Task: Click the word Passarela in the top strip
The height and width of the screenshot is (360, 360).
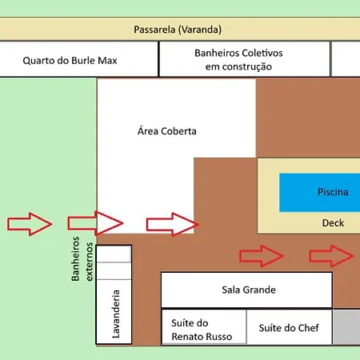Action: [x=154, y=30]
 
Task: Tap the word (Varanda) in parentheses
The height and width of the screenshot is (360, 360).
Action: [x=200, y=30]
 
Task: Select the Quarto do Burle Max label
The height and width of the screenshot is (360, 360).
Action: [x=70, y=61]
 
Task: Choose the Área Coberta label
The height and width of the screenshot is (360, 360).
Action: [x=167, y=131]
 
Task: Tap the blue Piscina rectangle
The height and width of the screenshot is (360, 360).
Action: [x=319, y=193]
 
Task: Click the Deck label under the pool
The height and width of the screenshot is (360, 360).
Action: [x=333, y=222]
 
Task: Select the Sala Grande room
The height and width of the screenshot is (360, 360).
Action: [x=246, y=290]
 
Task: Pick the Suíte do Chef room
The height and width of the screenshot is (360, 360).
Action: [x=290, y=327]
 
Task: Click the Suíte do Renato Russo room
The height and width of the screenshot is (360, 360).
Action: [x=204, y=327]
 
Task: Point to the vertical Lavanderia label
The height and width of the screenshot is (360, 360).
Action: [x=116, y=314]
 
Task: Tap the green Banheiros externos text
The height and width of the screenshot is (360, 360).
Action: [x=82, y=259]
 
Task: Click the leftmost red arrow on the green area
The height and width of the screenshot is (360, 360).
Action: [x=30, y=224]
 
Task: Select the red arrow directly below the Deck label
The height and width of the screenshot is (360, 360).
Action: [x=331, y=256]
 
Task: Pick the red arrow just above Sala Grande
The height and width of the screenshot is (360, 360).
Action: [x=262, y=256]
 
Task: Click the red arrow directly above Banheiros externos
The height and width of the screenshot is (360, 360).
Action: [x=95, y=223]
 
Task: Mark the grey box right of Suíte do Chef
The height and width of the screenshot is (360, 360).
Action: [x=346, y=327]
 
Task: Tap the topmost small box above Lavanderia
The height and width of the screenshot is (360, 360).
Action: [x=114, y=254]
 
